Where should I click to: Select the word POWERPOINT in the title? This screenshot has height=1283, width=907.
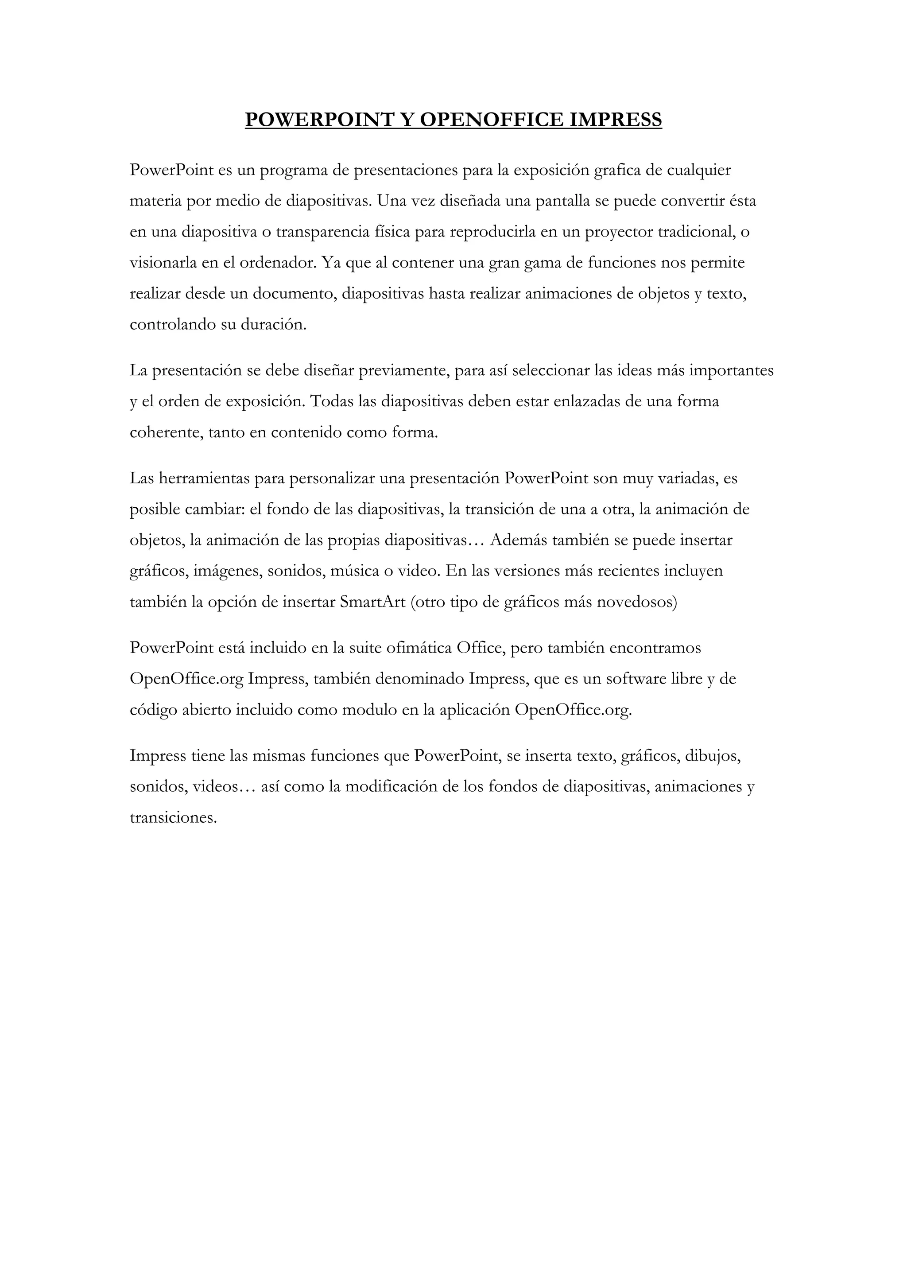318,120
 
